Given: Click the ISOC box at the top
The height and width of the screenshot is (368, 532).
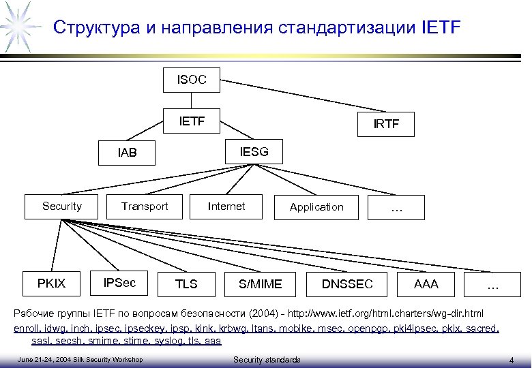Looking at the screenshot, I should click(x=191, y=80).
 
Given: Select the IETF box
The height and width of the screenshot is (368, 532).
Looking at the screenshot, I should click(x=191, y=123).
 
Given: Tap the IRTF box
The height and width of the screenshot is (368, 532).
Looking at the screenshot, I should click(x=385, y=125).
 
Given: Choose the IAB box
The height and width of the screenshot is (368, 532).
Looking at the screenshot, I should click(x=126, y=153).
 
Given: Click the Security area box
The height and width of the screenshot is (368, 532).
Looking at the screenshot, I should click(x=62, y=206).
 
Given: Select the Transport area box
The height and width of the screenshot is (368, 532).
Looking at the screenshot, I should click(x=145, y=206).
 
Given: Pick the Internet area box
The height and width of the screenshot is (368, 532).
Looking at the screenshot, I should click(x=226, y=206).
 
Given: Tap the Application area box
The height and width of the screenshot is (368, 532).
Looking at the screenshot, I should click(x=316, y=207).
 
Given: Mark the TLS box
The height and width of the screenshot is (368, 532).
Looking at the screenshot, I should click(x=186, y=284).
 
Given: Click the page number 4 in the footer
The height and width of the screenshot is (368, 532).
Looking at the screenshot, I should click(x=511, y=359).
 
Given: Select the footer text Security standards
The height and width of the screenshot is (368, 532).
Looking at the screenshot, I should click(x=267, y=359).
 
